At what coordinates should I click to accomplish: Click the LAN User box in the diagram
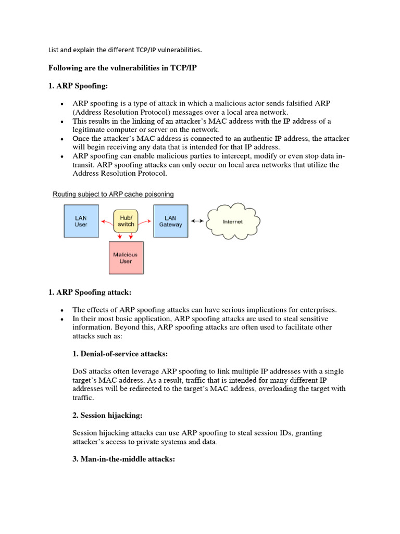tap(81, 221)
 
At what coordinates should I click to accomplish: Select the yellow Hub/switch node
tap(126, 221)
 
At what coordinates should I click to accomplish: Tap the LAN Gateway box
tap(170, 221)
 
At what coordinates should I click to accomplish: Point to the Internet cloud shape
tap(232, 222)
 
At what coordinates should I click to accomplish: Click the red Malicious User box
tap(126, 258)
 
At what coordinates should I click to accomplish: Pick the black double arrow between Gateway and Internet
tap(197, 221)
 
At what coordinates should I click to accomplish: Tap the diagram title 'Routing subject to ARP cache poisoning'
tap(113, 194)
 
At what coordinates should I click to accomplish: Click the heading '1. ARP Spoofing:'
tap(78, 86)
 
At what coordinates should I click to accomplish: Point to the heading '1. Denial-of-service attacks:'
tap(120, 354)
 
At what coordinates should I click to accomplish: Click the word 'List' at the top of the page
tap(53, 50)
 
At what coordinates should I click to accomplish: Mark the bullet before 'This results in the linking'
tap(61, 122)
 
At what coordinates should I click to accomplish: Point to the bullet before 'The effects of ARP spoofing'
tap(61, 310)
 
